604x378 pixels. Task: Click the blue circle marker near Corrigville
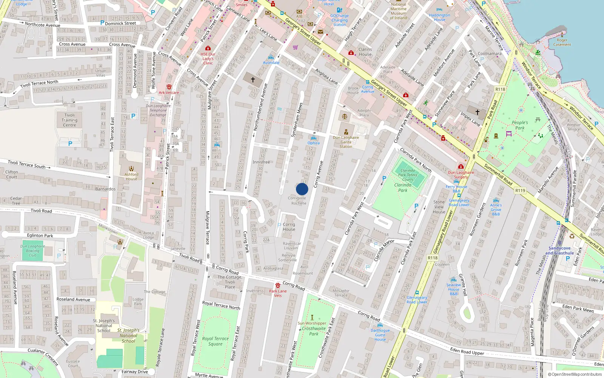pos(302,189)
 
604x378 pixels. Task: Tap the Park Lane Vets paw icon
pos(278,285)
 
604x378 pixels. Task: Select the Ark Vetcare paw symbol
pos(169,87)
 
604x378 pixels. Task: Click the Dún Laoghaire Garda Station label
pos(346,142)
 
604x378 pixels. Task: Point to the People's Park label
pos(520,125)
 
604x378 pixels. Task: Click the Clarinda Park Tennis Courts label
pos(408,175)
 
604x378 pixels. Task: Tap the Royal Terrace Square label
pos(215,341)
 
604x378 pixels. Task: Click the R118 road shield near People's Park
pos(500,90)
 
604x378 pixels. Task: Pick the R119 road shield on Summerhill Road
pos(520,191)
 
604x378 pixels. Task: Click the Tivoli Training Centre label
pos(69,120)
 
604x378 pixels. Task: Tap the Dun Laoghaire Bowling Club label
pos(32,251)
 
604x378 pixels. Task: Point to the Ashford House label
pos(131,177)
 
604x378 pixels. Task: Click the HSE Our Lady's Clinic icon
pos(208,48)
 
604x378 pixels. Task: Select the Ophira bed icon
pos(313,138)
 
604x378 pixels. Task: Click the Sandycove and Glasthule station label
pos(559,251)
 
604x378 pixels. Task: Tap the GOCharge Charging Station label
pos(339,20)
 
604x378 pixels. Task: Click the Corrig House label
pos(289,226)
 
